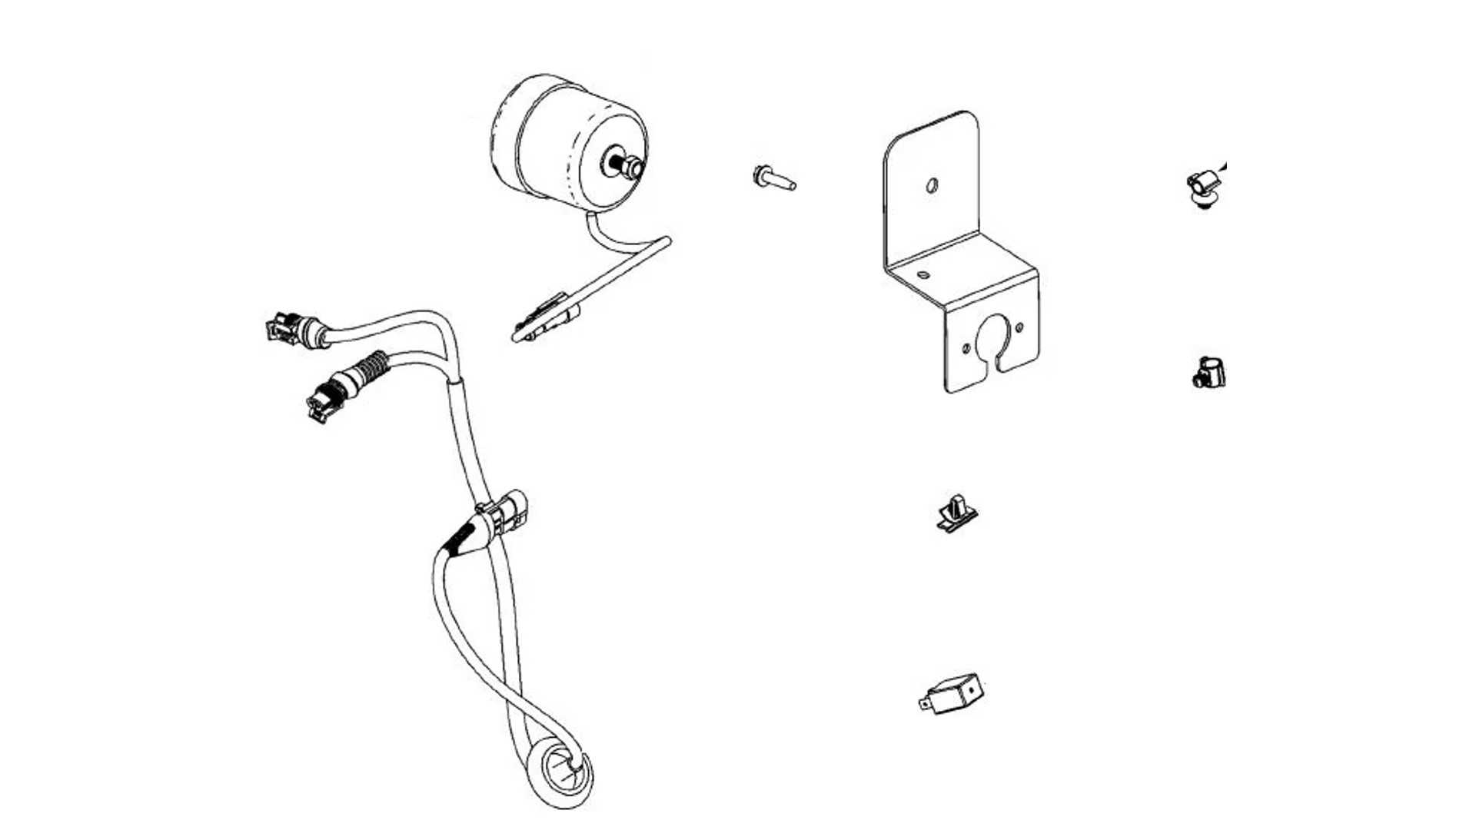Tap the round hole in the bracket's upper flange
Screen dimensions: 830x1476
tap(932, 185)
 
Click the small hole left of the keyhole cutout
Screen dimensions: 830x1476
tap(966, 349)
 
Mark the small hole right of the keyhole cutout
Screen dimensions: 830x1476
tap(1019, 328)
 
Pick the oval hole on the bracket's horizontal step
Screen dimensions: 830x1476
tap(923, 274)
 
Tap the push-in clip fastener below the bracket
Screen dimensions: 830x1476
tap(956, 513)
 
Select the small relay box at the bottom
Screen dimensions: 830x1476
tap(956, 694)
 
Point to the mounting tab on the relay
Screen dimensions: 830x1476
tap(926, 702)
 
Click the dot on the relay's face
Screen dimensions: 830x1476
tap(972, 689)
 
